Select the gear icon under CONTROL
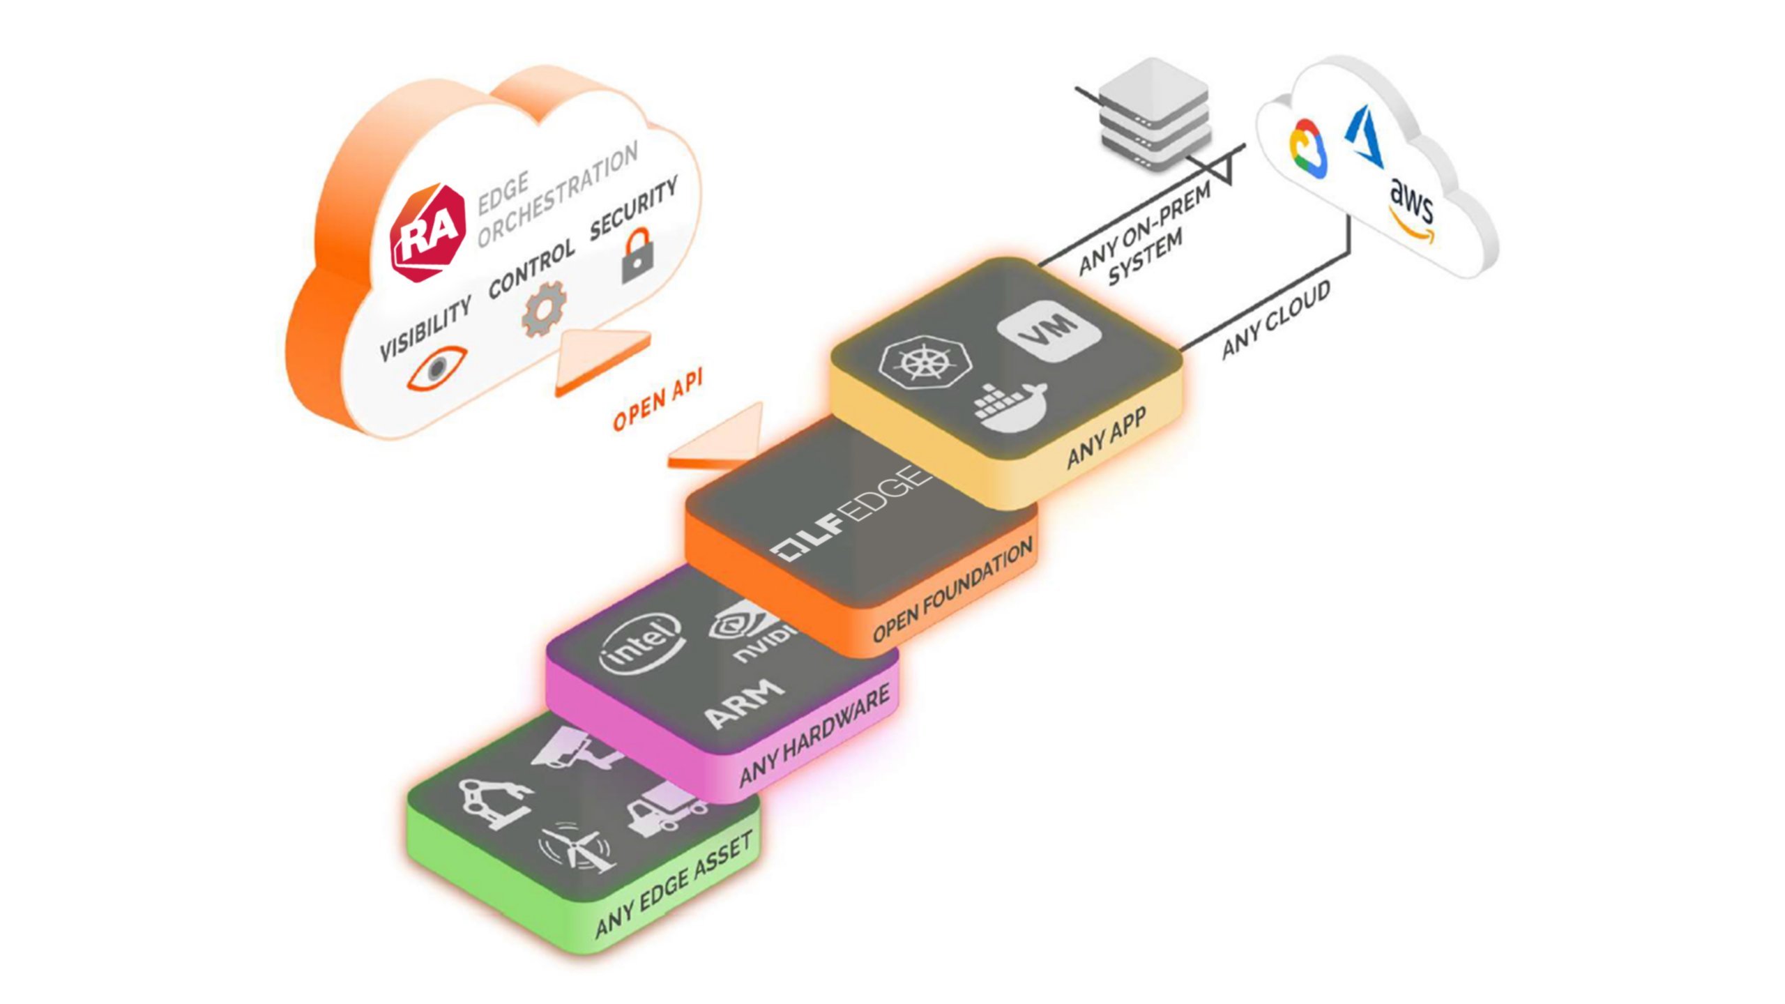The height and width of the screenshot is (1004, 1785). (544, 308)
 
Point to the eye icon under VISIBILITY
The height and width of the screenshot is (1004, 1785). (437, 367)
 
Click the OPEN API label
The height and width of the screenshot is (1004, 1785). (657, 400)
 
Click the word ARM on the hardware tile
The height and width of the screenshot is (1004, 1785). (743, 704)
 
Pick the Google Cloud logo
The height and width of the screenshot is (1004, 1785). (1309, 149)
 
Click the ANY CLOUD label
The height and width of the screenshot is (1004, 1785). (1275, 320)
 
